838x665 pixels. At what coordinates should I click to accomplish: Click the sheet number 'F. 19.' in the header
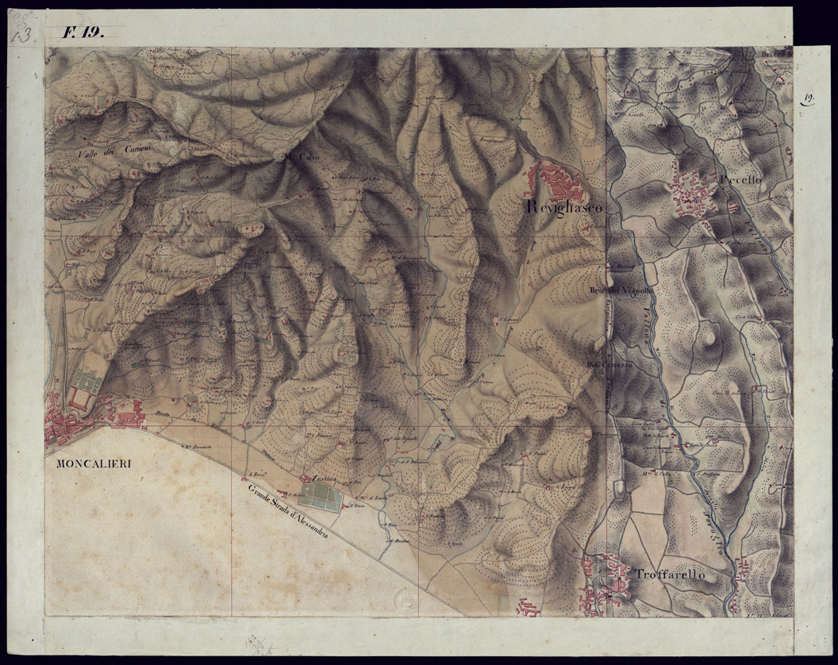[83, 33]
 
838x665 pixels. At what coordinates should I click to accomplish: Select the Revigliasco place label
[564, 207]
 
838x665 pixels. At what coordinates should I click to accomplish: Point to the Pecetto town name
[740, 180]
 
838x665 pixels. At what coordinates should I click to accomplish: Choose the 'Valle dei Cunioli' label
[109, 148]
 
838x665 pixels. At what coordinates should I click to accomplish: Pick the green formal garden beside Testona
[321, 497]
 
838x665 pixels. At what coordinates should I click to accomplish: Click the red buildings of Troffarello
[601, 583]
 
